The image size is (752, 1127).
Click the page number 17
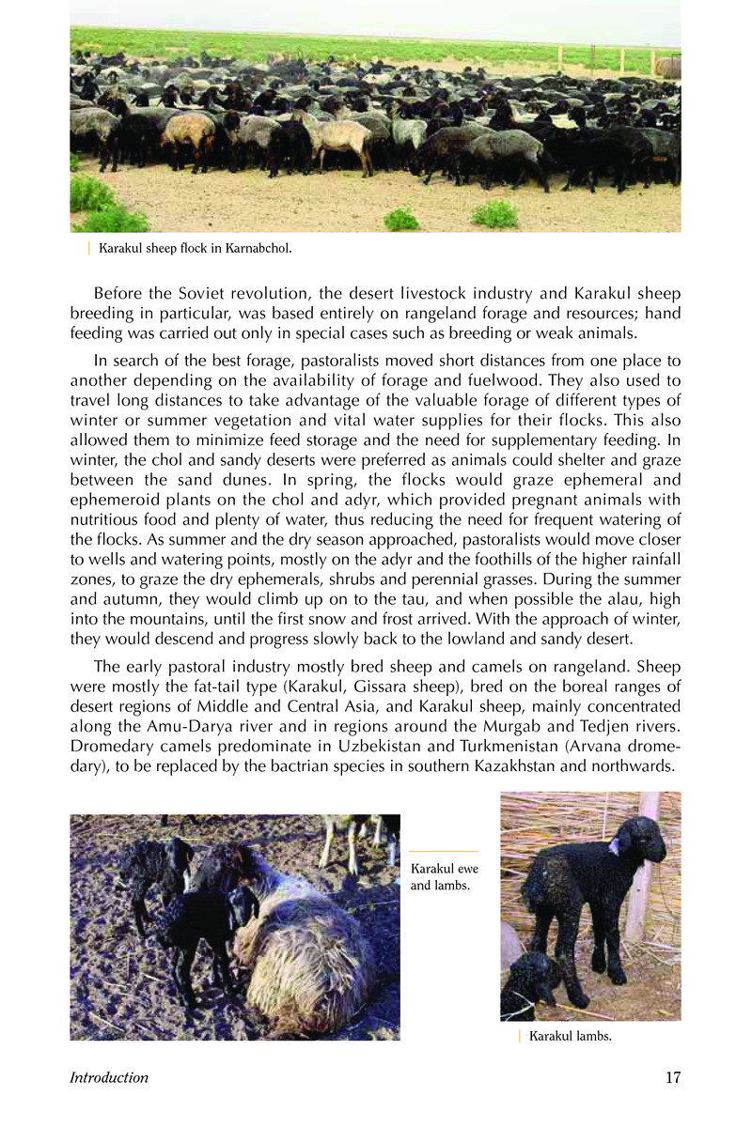pos(672,1077)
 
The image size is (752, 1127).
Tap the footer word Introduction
pos(109,1078)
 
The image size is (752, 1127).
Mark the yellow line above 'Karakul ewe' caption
pos(444,851)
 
